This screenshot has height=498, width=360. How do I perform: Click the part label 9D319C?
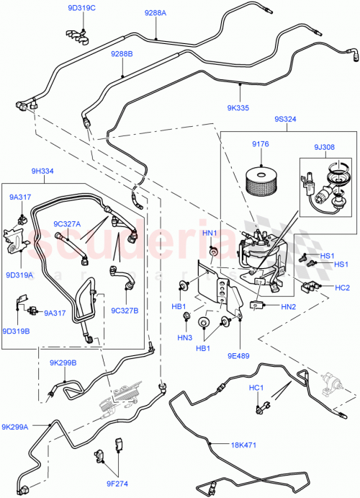[81, 8]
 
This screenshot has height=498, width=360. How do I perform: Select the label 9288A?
[155, 13]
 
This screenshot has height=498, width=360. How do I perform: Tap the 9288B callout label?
[122, 54]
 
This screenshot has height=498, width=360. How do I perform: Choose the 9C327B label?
[125, 311]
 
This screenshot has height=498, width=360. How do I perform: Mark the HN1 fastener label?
[210, 233]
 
